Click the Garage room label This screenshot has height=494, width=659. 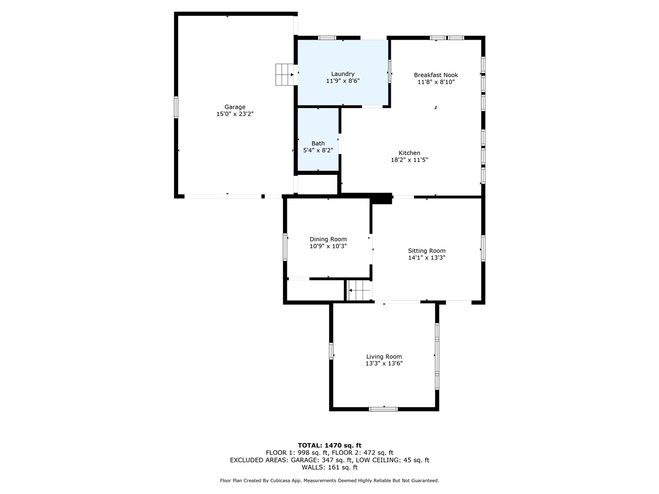235,107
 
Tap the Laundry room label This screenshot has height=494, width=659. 342,74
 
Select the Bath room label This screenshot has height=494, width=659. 318,144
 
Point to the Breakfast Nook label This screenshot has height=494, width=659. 436,75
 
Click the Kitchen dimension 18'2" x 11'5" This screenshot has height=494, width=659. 409,160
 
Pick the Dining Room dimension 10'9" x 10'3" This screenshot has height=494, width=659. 328,246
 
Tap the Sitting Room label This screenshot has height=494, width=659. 426,251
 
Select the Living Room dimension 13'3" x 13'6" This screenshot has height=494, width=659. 384,364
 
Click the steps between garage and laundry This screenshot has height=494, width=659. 285,75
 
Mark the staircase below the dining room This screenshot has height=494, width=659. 359,291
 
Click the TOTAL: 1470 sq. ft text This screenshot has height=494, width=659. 329,446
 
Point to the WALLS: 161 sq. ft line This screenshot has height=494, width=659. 329,468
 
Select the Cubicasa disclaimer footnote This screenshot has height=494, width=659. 329,481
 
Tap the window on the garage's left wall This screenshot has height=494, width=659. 176,107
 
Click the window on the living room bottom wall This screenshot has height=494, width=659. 384,409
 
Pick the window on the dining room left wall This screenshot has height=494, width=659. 285,246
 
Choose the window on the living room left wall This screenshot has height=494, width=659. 331,351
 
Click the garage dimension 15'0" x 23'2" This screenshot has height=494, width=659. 235,114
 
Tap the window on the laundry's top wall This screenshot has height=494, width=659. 327,38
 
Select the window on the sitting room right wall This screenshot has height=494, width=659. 483,248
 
